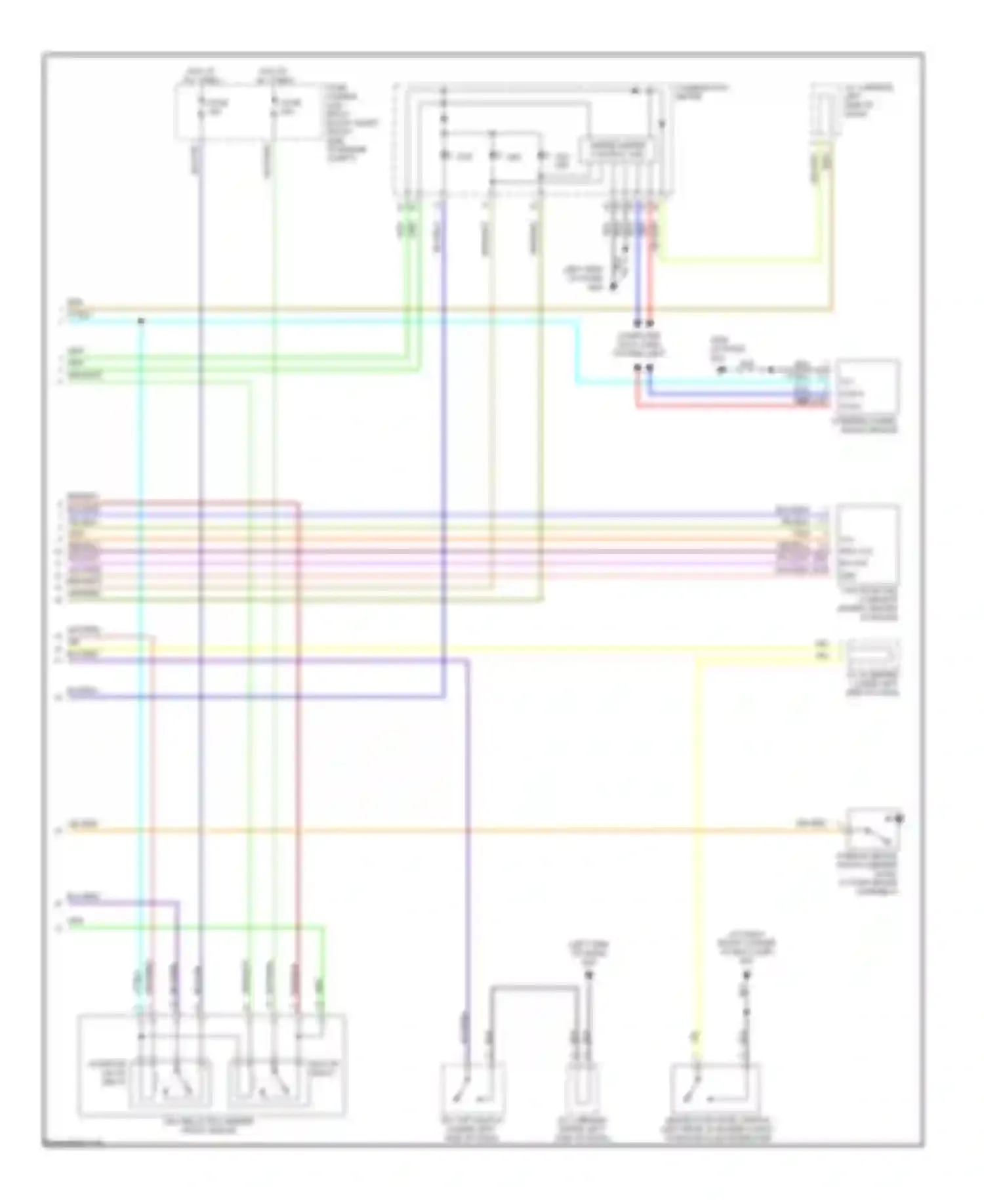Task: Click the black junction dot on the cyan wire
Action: point(140,321)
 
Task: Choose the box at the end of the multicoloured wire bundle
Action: point(867,544)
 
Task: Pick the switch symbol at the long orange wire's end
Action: point(872,831)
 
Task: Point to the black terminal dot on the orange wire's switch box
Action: point(899,819)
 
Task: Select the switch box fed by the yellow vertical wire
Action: point(715,1090)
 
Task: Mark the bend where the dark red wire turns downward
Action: point(298,504)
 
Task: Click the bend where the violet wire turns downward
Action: point(468,660)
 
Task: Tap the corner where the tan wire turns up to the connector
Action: point(832,308)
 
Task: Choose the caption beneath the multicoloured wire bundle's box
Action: point(867,604)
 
